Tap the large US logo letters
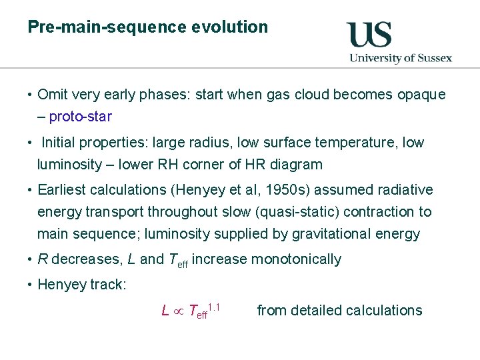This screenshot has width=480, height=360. [x=369, y=35]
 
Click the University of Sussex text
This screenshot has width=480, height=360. [x=401, y=58]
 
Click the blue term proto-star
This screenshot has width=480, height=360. [x=80, y=117]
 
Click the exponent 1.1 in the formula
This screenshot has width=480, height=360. [x=214, y=306]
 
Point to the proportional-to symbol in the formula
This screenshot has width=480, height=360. [x=179, y=311]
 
